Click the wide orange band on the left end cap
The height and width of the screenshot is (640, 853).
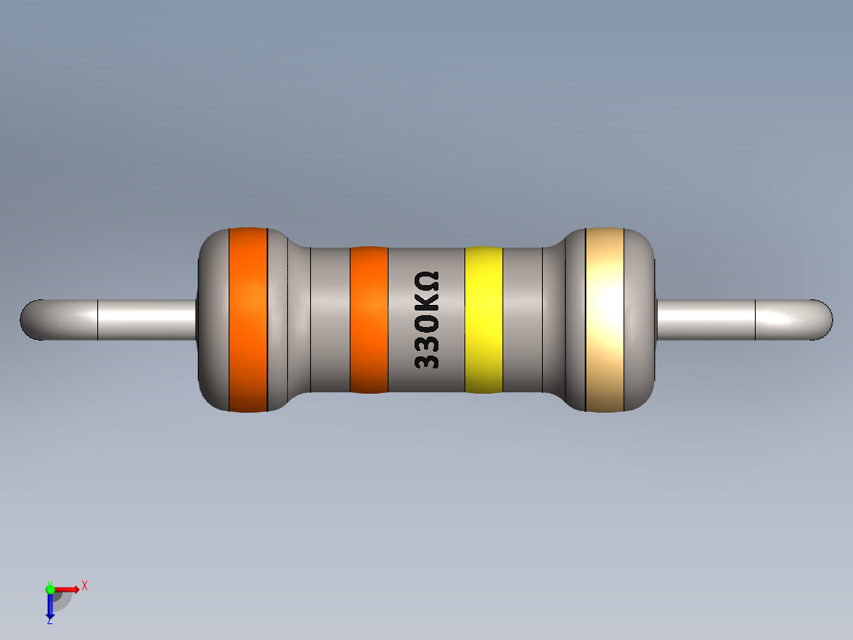coord(248,319)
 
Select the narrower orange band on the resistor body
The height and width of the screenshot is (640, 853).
coord(369,319)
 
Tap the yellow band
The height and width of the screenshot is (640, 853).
coord(483,319)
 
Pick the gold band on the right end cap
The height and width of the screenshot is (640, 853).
coord(605,319)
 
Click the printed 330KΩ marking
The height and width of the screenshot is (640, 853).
coord(426,320)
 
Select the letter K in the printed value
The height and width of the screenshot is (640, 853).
coord(426,299)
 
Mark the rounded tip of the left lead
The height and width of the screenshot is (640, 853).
coord(30,319)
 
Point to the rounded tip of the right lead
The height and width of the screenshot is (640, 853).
coord(823,319)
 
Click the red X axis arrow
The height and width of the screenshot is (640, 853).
coord(68,589)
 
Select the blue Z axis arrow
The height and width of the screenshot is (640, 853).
coord(50,606)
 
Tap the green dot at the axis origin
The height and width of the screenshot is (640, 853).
coord(50,589)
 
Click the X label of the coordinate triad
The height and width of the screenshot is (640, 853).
coord(84,585)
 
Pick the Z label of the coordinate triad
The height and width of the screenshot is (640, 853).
coord(49,622)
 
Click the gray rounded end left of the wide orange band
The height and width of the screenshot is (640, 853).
coord(212,319)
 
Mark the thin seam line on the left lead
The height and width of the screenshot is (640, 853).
coord(97,319)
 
